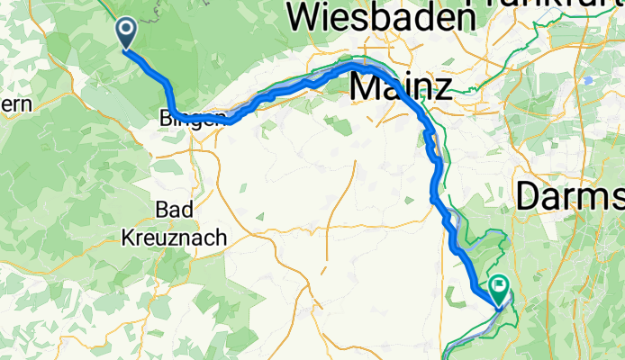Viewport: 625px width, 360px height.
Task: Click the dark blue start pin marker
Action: point(125,33)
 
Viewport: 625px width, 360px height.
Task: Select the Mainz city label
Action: point(400,87)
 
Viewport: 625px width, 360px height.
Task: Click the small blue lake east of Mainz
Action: point(588,81)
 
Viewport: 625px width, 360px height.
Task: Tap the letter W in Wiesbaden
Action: point(304,16)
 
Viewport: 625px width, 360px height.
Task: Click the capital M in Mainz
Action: point(366,87)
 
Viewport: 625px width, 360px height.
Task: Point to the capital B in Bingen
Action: point(163,117)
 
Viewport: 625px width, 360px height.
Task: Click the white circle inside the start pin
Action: point(125,31)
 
